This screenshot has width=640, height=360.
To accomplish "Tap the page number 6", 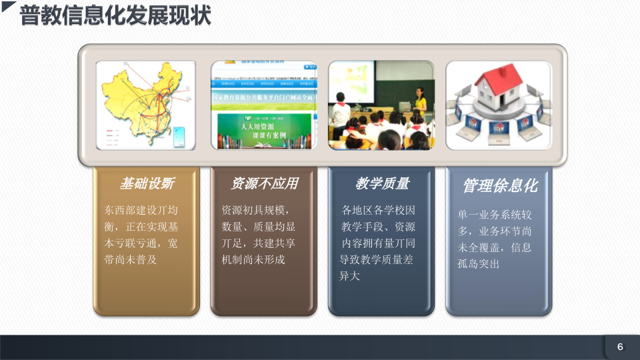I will pyautogui.click(x=620, y=347).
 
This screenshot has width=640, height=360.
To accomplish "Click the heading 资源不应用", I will pyautogui.click(x=264, y=183).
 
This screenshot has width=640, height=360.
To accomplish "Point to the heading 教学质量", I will pyautogui.click(x=381, y=183).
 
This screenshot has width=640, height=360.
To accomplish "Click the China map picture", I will pyautogui.click(x=146, y=105).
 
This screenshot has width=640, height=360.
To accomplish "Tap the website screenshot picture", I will pyautogui.click(x=264, y=105).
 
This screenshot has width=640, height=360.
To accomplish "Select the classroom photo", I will pyautogui.click(x=381, y=105).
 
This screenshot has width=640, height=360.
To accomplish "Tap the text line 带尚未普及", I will pyautogui.click(x=131, y=259).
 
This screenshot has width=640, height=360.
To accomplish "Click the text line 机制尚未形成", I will pyautogui.click(x=253, y=259).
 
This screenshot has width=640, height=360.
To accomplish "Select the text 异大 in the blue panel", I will pyautogui.click(x=350, y=276).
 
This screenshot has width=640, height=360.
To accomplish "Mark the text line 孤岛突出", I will pyautogui.click(x=479, y=264).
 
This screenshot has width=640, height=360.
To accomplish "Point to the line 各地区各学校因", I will pyautogui.click(x=378, y=209).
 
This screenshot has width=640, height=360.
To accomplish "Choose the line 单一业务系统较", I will pyautogui.click(x=495, y=215).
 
